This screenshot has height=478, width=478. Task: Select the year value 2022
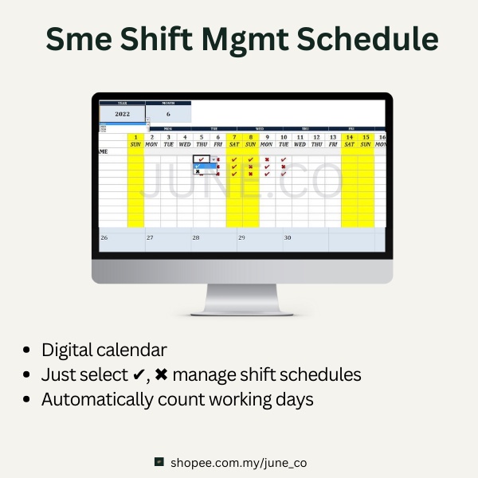(122, 114)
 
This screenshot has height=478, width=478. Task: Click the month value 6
(168, 114)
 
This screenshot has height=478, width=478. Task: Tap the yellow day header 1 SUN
(135, 140)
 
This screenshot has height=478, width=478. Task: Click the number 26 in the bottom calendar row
(104, 237)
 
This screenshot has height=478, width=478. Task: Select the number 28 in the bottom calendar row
(196, 237)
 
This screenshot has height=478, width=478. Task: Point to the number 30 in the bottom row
(288, 237)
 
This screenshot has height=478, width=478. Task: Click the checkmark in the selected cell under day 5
(201, 159)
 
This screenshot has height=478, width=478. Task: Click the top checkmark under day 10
(284, 159)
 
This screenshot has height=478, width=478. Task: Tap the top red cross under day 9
(267, 159)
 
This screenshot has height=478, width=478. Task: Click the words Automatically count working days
(177, 399)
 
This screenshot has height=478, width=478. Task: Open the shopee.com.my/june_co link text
(238, 462)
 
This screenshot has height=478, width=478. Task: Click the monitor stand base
(241, 311)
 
